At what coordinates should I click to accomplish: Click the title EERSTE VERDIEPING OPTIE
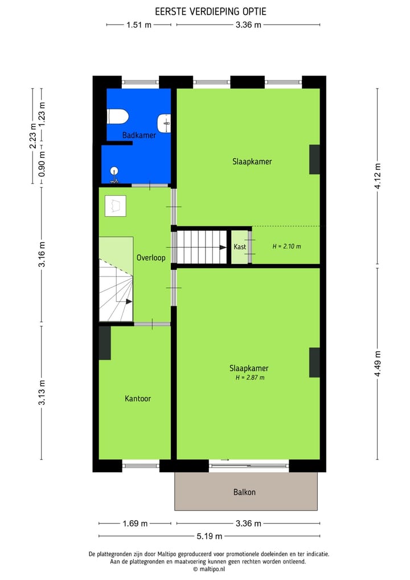coord(211,11)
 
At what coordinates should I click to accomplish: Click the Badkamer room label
coord(139,135)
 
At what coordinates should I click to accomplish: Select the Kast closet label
coord(240,247)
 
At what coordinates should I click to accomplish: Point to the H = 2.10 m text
coord(286,246)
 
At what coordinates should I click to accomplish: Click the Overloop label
coord(151,258)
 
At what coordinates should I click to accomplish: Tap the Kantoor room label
coord(138,399)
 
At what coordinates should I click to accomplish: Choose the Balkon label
coord(244,492)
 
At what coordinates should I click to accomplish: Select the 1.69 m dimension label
coord(135,524)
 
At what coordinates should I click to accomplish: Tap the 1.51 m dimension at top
coord(138,25)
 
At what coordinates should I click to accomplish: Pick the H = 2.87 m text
coord(250,378)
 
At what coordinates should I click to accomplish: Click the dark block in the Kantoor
coord(105,343)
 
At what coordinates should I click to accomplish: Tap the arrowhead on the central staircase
coord(223,248)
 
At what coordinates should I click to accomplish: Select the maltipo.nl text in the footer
coord(212,569)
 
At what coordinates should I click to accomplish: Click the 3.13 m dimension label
coord(42,392)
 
